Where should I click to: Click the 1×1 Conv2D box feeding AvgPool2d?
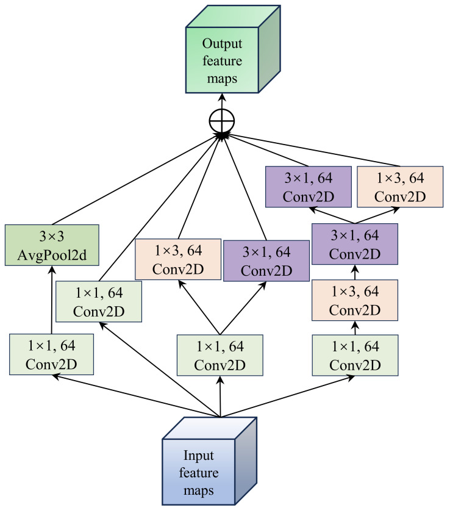point(51,354)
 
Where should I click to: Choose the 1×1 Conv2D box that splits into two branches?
point(220,355)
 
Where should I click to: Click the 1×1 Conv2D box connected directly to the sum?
point(99,301)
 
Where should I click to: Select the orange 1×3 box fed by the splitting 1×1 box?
point(176,259)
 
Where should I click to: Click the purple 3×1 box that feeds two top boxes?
point(354,244)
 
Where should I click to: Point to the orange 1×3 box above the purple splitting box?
point(399,185)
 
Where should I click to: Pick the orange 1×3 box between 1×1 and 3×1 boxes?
point(354,300)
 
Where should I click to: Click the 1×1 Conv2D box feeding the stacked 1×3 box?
point(354,354)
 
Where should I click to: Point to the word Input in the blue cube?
point(199,455)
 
